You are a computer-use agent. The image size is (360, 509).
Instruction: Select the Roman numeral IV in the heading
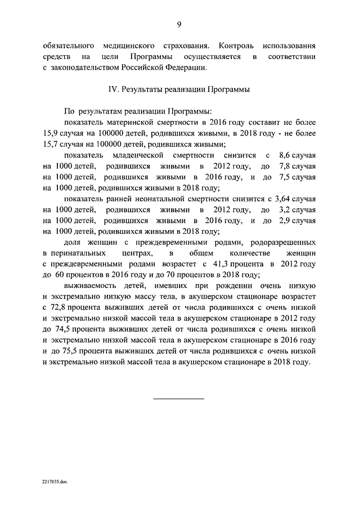pyautogui.click(x=112, y=89)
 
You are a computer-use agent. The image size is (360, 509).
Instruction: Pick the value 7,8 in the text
pyautogui.click(x=286, y=166)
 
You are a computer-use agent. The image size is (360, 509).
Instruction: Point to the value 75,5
pyautogui.click(x=66, y=352)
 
